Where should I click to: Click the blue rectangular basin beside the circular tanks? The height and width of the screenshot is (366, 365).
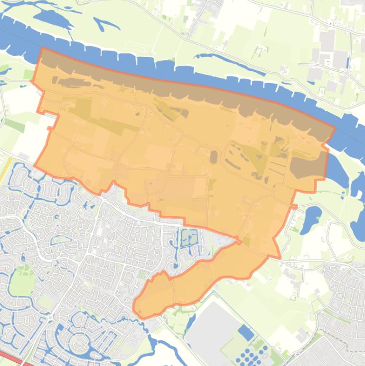point(245,332)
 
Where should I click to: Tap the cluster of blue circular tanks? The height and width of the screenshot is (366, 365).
point(253,356)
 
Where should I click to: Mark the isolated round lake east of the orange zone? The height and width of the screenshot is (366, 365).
point(313,217)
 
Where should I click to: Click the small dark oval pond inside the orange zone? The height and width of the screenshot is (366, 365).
point(214,156)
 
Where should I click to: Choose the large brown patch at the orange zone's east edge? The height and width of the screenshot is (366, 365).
point(308,166)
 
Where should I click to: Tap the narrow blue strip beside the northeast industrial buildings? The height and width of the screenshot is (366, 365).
point(348,62)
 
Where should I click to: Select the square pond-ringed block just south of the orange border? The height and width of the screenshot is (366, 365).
point(188,237)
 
